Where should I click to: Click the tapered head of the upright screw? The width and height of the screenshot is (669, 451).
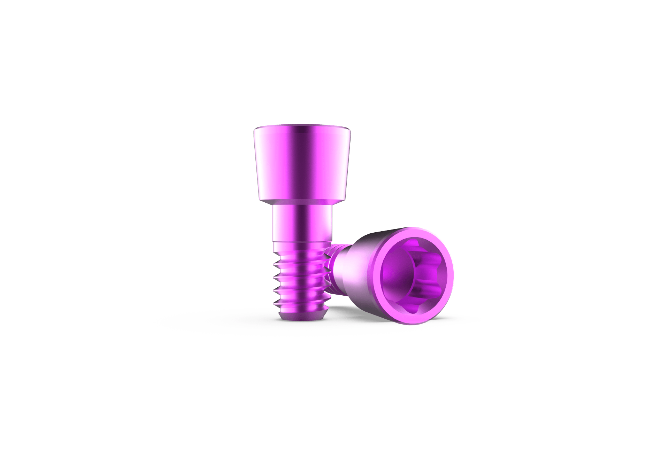tap(302, 164)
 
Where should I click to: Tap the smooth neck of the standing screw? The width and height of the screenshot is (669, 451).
tap(301, 223)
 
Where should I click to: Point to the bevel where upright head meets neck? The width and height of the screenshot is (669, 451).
tap(300, 203)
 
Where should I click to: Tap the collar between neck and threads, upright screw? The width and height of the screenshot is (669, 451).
tap(301, 244)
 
